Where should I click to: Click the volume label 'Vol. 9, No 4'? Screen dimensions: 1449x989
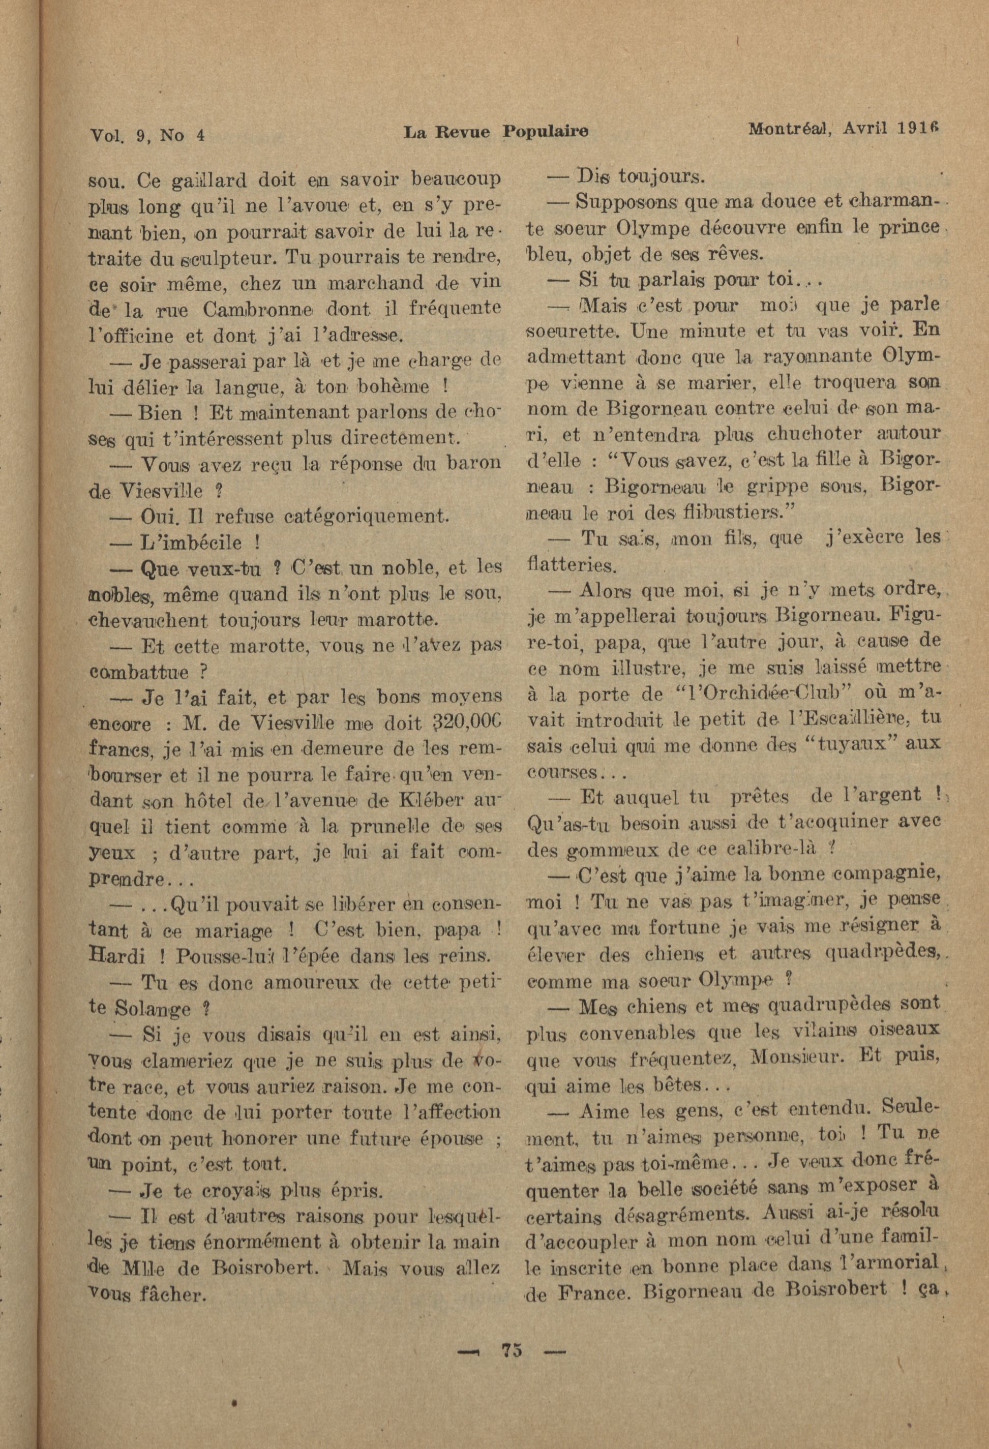(x=147, y=135)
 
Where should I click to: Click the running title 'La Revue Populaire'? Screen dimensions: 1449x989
(x=496, y=133)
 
